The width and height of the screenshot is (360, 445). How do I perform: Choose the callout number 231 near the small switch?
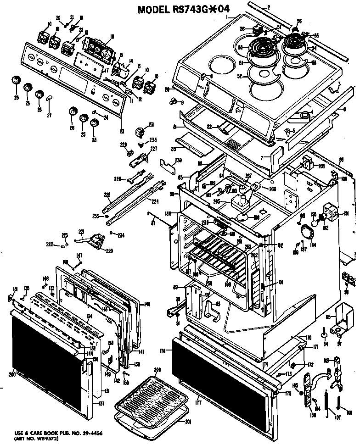(x=152, y=125)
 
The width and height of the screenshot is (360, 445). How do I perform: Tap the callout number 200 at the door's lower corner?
(x=11, y=374)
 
